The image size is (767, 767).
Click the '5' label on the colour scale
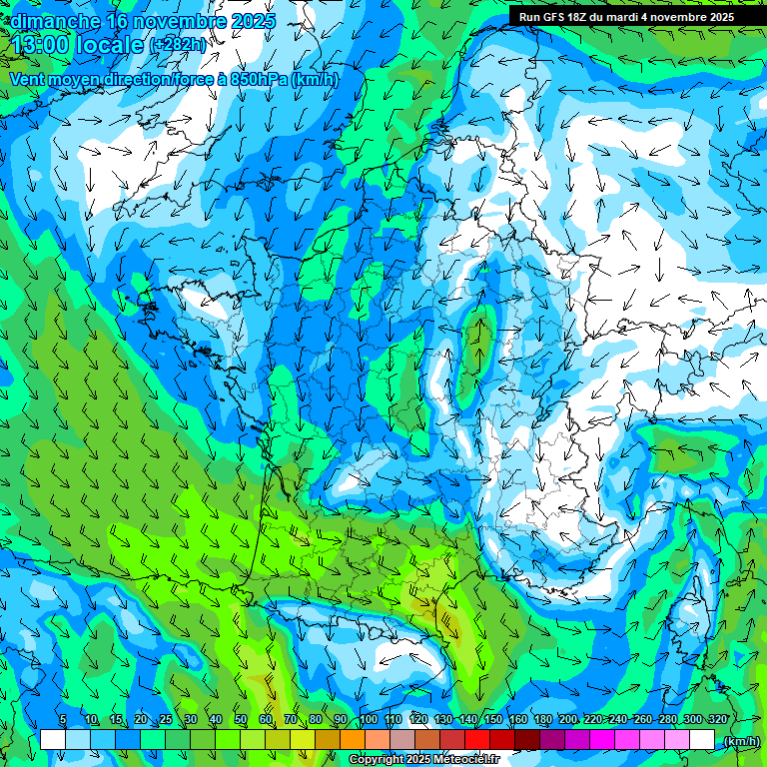tap(63, 719)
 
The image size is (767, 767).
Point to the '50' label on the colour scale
tap(241, 719)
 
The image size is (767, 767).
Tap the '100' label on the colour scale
tap(369, 719)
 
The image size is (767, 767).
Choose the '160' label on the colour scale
tap(518, 719)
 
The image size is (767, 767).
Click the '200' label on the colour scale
tap(568, 719)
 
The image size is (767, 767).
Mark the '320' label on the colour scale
tap(716, 719)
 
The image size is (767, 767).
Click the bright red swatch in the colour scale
tap(477, 739)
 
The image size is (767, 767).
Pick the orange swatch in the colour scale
tap(353, 739)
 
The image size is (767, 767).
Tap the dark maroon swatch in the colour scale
tap(527, 739)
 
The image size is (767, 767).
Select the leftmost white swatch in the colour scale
tap(53, 739)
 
